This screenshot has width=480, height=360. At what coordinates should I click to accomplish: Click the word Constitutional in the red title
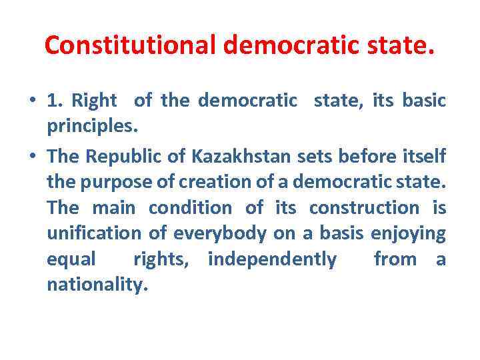click(130, 45)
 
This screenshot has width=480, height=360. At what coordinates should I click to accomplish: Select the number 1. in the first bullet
click(56, 101)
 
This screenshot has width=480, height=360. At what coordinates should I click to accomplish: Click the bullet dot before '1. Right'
click(33, 101)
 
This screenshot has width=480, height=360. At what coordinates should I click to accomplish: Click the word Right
click(94, 101)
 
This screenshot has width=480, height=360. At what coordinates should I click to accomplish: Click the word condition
click(190, 207)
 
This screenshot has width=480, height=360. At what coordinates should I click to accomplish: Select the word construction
click(364, 207)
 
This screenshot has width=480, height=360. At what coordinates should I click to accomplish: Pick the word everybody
click(211, 233)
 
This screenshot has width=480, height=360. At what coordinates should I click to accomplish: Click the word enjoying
click(407, 233)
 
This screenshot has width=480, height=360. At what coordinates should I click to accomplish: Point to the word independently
click(273, 259)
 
